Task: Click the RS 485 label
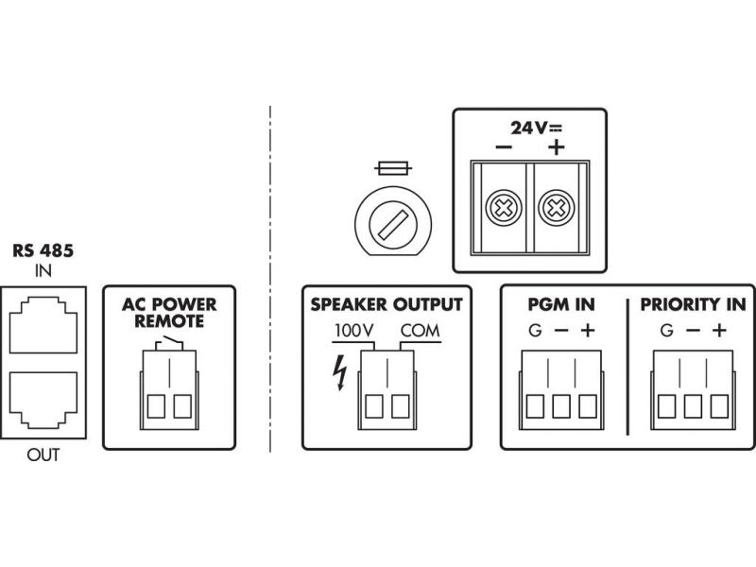(x=43, y=252)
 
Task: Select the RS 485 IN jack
(x=44, y=325)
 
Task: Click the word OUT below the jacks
(x=43, y=455)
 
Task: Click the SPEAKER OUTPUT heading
(x=387, y=304)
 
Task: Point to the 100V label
(x=355, y=332)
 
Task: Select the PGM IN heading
(x=561, y=305)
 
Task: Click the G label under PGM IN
(x=535, y=332)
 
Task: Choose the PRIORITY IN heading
(x=693, y=305)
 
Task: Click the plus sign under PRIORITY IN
(x=720, y=331)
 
